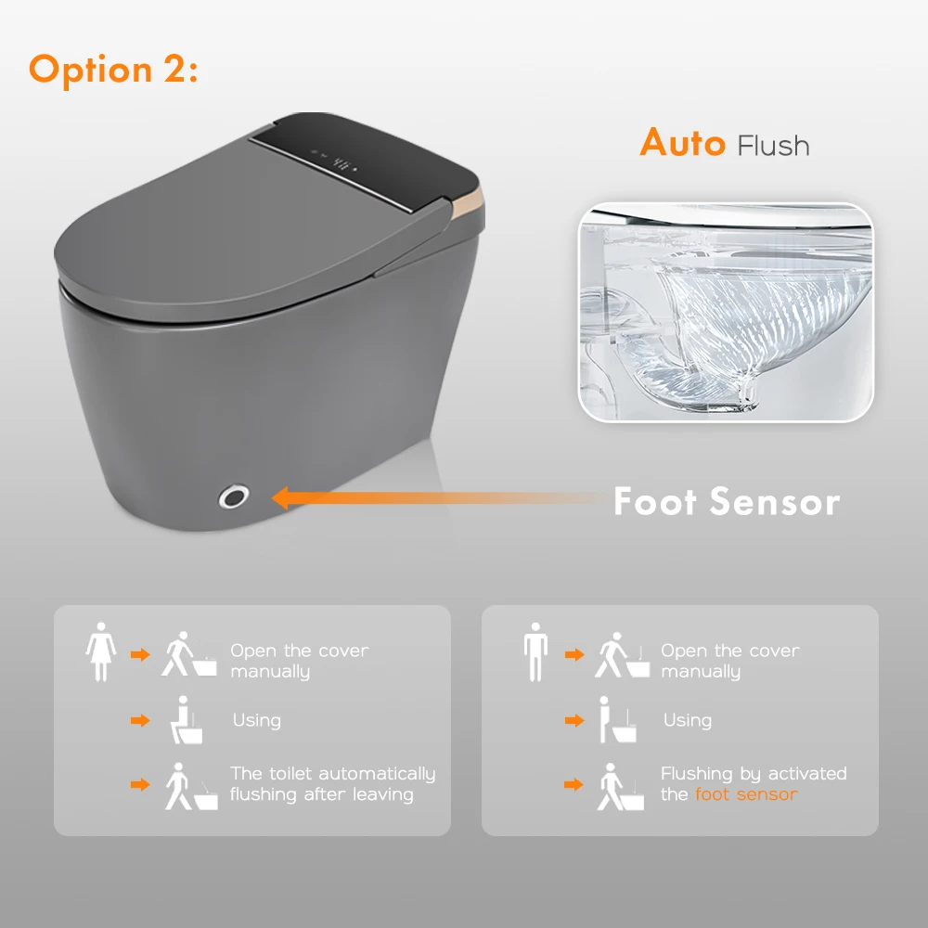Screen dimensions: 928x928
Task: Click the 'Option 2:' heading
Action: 113,70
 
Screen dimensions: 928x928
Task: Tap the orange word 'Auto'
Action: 682,144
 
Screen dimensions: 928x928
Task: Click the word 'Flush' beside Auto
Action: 773,146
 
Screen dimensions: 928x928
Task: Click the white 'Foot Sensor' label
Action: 727,502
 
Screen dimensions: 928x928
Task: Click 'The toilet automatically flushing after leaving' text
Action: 332,784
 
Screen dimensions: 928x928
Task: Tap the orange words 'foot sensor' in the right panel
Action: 745,794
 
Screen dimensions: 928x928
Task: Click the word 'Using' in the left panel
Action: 256,720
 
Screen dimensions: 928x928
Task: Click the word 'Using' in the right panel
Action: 687,720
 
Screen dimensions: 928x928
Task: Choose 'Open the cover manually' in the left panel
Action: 299,661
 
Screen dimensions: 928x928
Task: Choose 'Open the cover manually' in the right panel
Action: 729,661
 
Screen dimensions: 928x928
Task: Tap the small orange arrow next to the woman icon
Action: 140,654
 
